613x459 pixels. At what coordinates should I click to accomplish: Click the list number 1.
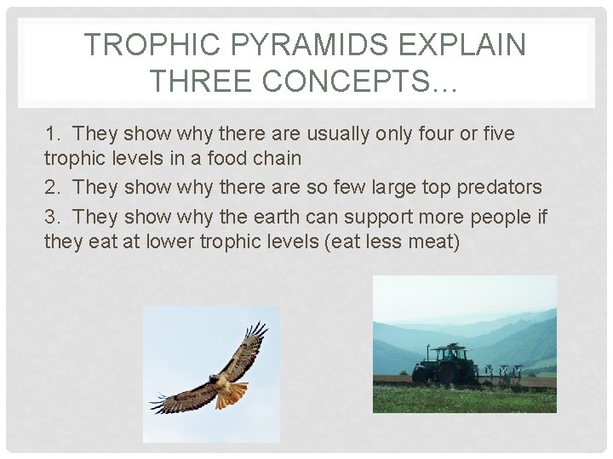click(x=52, y=134)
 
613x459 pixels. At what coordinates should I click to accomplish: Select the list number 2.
click(x=52, y=187)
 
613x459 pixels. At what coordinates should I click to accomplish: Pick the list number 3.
click(x=52, y=217)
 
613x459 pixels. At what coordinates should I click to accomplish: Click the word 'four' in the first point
click(x=447, y=134)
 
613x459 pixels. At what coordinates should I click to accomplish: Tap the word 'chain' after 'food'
click(x=273, y=158)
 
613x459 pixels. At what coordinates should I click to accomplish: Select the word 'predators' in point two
click(x=501, y=187)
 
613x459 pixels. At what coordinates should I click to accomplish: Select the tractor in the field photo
click(x=443, y=365)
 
